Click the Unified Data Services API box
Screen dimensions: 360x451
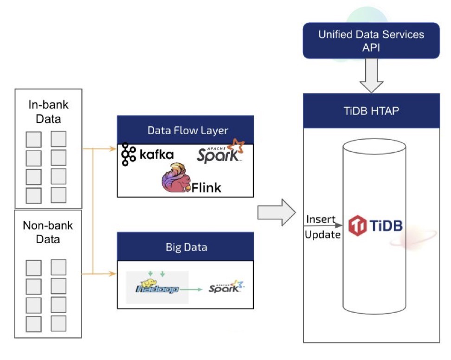371,41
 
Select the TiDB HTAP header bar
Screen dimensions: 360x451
371,111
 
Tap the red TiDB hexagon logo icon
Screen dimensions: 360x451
357,226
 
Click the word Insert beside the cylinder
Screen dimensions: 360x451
320,219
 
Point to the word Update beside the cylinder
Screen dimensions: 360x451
322,235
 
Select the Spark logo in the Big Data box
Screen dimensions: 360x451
225,287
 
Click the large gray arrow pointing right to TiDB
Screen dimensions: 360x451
277,213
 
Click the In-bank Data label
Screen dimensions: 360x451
48,112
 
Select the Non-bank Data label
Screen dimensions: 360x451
48,232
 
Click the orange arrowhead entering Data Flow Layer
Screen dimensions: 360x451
113,149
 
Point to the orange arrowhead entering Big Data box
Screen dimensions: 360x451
113,274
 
